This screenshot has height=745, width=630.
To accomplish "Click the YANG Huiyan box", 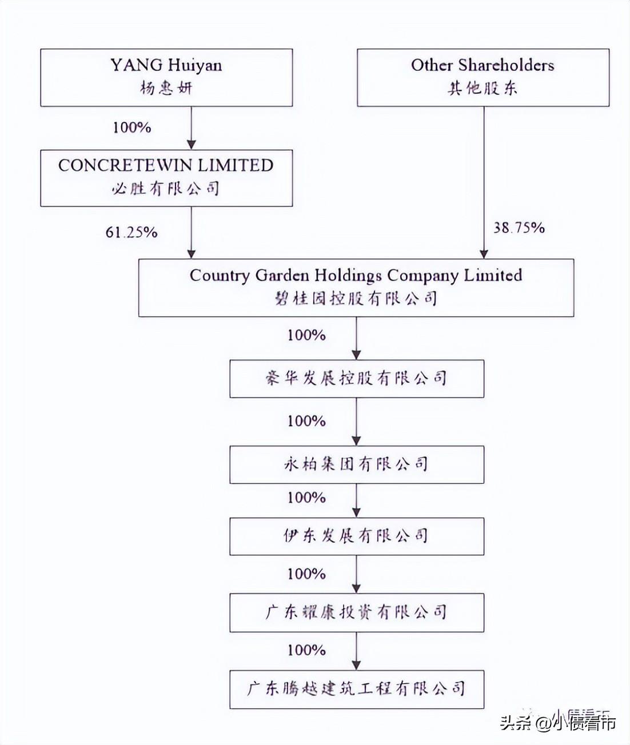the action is pyautogui.click(x=166, y=78).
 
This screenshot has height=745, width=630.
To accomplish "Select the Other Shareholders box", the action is pyautogui.click(x=483, y=78).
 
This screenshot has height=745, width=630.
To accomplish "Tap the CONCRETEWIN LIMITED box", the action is pyautogui.click(x=166, y=178).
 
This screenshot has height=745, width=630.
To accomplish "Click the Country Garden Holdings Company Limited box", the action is pyautogui.click(x=356, y=287).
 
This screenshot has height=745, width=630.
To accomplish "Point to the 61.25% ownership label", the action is pyautogui.click(x=131, y=233).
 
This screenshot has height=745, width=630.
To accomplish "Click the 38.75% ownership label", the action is pyautogui.click(x=519, y=227).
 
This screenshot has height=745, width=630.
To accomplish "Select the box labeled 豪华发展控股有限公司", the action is pyautogui.click(x=357, y=379).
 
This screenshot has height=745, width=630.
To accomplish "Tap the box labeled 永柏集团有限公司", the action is pyautogui.click(x=357, y=464).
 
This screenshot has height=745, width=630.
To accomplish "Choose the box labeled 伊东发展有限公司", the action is pyautogui.click(x=357, y=536).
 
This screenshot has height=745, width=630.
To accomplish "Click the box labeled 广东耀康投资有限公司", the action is pyautogui.click(x=357, y=612).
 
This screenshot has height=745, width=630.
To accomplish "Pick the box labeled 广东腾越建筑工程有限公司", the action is pyautogui.click(x=357, y=690).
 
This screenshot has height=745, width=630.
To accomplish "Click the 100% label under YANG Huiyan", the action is pyautogui.click(x=132, y=128).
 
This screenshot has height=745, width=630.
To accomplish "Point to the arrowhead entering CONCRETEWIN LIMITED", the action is pyautogui.click(x=192, y=145).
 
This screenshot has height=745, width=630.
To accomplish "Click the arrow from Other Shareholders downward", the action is pyautogui.click(x=484, y=182).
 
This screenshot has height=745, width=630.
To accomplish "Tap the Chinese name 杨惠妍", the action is pyautogui.click(x=166, y=88).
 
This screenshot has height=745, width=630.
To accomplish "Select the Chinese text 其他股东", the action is pyautogui.click(x=483, y=88).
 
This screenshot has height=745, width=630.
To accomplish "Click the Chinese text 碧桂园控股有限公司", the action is pyautogui.click(x=356, y=298).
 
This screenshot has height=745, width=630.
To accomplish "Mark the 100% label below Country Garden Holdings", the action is pyautogui.click(x=307, y=335).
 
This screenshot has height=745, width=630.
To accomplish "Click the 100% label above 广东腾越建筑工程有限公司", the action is pyautogui.click(x=307, y=651).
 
